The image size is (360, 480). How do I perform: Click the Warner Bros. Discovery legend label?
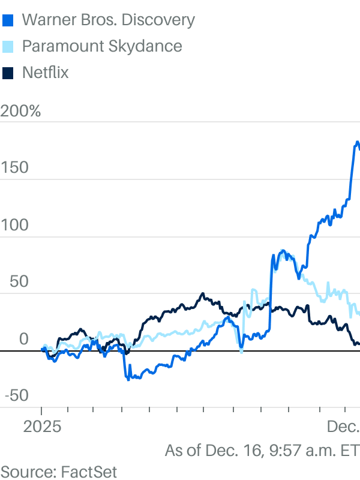coord(108,20)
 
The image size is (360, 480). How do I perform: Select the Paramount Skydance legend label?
coord(102,46)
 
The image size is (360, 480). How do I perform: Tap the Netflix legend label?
coord(46,73)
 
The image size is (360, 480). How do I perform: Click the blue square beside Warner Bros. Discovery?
coord(8,20)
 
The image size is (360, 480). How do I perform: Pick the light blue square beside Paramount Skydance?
coord(8,47)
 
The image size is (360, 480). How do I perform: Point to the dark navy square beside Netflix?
coord(8,73)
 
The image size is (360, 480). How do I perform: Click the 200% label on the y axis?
coord(21,111)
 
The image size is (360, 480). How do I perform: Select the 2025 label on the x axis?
coord(41,427)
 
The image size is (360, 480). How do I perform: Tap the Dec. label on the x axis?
coord(343,427)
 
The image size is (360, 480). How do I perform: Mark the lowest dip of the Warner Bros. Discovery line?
coord(127,379)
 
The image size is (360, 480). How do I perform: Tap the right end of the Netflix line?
coord(358,344)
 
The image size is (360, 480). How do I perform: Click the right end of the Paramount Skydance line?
coord(358,313)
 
